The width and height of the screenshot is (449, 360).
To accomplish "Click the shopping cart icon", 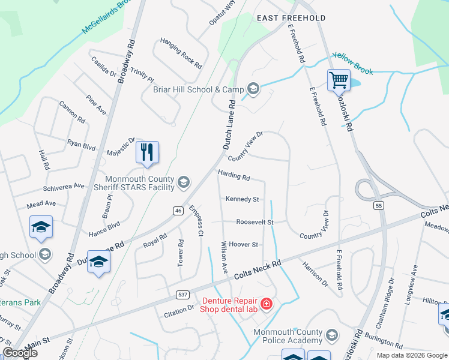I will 339,79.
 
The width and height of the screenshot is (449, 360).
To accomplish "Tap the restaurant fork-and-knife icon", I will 147,152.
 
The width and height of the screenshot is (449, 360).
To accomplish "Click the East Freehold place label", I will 291,18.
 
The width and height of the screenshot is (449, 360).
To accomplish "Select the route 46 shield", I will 178,211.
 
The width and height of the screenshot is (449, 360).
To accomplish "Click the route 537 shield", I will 184,295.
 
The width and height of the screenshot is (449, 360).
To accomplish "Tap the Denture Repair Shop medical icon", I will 266,304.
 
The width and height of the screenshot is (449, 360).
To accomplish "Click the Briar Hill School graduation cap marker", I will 253,89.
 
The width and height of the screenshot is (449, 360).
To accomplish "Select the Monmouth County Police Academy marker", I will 332,335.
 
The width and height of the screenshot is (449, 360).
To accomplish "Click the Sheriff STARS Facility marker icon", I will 183,182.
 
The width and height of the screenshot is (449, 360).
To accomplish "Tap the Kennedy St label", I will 243,199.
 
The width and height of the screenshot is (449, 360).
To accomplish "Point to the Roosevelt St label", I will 255,222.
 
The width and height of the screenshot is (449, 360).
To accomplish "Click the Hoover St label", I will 243,245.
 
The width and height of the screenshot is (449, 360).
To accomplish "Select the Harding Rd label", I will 234,176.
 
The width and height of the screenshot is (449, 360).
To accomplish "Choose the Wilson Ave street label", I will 225,257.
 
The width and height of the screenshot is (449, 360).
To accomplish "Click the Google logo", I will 20,353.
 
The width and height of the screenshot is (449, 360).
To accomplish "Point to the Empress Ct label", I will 197,221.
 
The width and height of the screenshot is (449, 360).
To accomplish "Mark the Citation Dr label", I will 179,310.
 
